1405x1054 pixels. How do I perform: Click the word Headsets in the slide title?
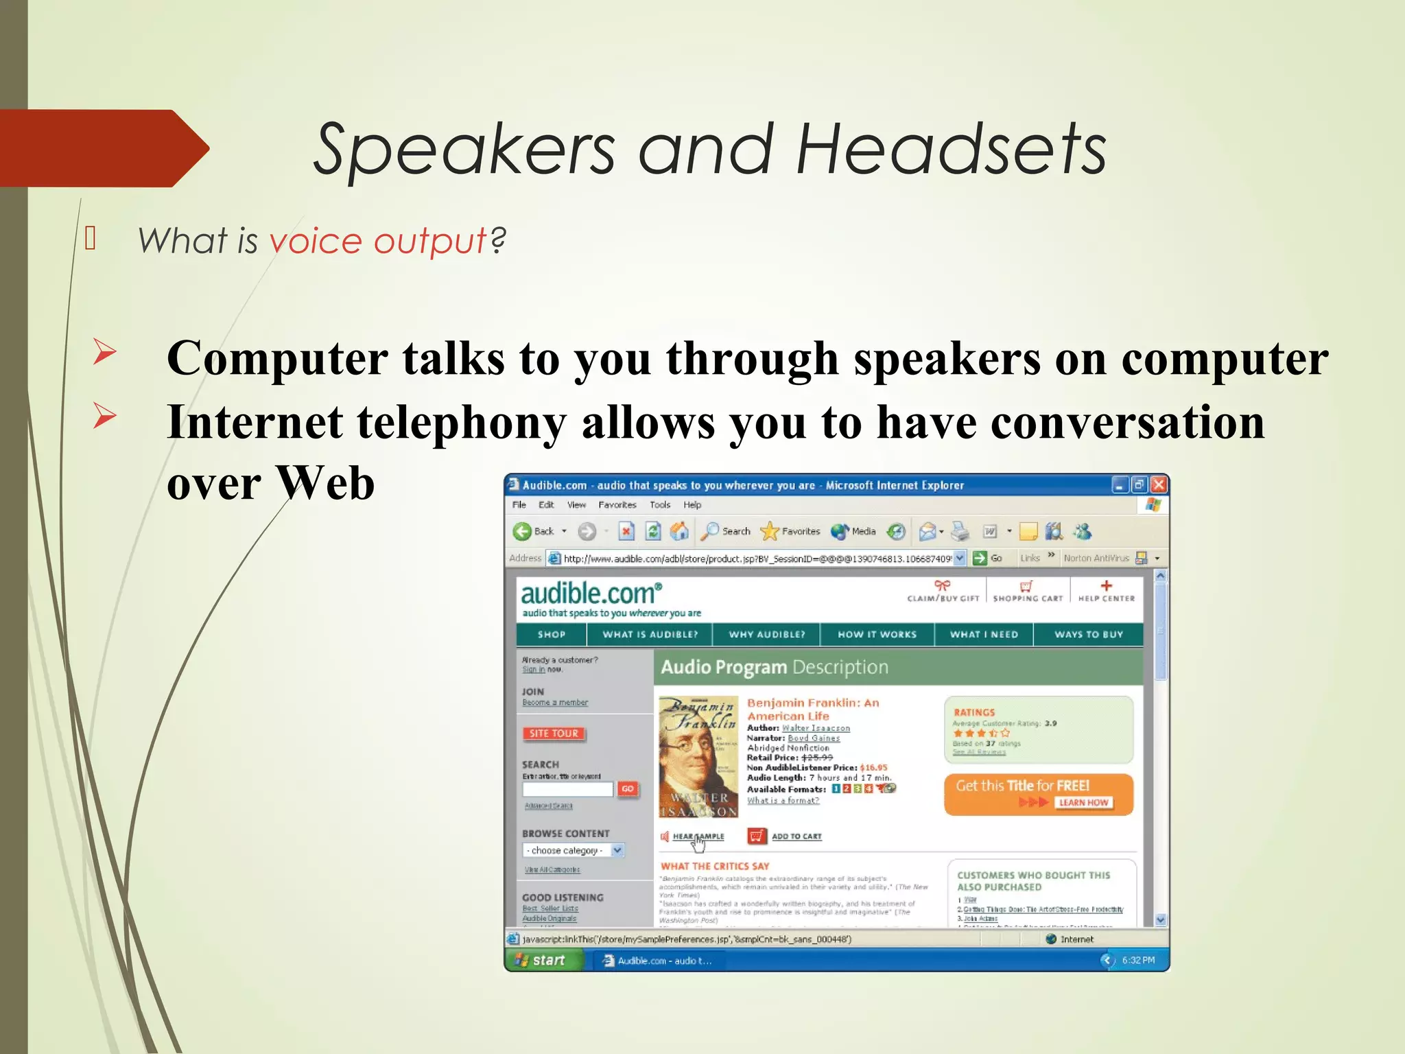951,149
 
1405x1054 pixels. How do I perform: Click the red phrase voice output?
378,241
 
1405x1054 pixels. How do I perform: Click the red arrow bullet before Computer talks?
105,352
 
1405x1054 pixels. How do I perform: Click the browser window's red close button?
1159,485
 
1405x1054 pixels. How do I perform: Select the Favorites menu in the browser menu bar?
617,505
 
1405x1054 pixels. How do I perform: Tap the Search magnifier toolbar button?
711,531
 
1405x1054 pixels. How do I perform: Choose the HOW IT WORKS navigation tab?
877,635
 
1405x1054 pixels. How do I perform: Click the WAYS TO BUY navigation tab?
1088,635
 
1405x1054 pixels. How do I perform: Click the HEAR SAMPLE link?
698,836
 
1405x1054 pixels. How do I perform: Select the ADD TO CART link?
796,836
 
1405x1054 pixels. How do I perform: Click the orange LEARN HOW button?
1083,803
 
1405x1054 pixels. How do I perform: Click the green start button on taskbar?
543,961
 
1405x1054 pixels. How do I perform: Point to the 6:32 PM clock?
1138,961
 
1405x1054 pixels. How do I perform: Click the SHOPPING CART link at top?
1027,592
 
